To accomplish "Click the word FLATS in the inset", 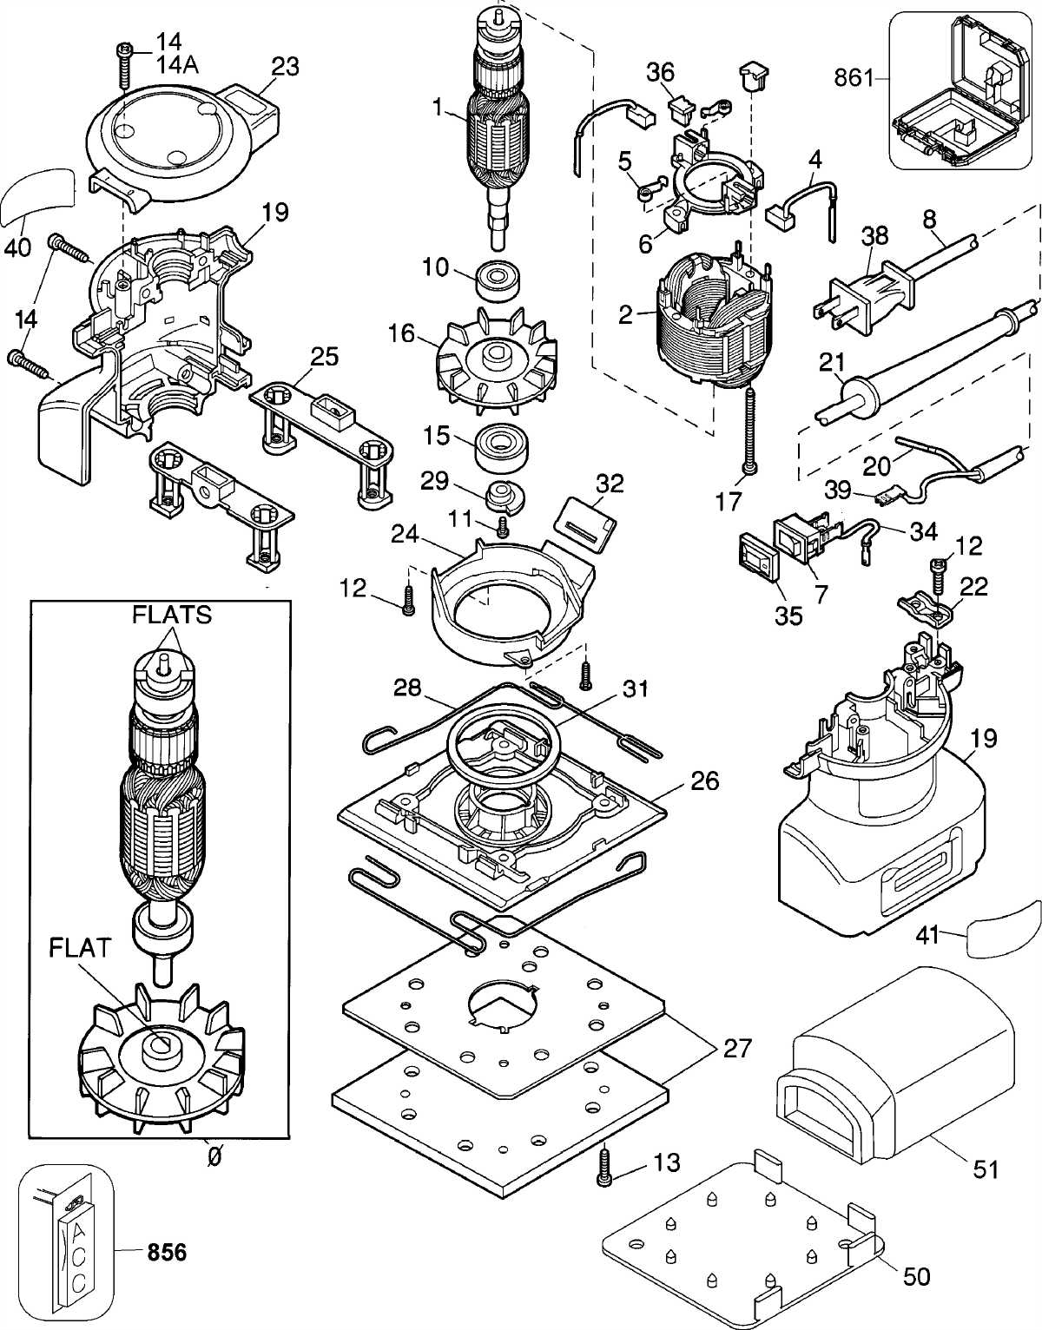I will pyautogui.click(x=172, y=615).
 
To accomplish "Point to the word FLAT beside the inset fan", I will pyautogui.click(x=80, y=947).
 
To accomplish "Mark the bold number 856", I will pyautogui.click(x=167, y=1252).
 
